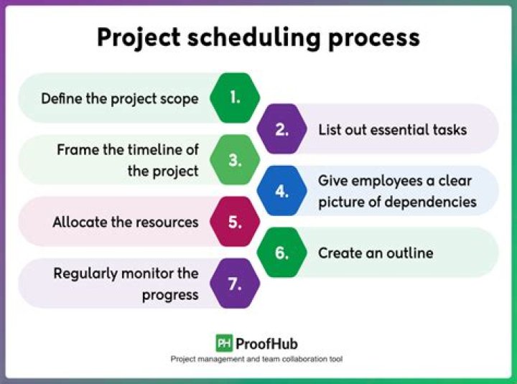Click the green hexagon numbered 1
(x=235, y=98)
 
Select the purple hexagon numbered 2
(x=281, y=129)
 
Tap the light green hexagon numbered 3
(x=235, y=160)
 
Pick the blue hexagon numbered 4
(x=281, y=192)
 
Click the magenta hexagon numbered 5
(x=235, y=222)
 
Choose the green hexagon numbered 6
(x=281, y=253)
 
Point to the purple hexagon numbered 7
(x=235, y=284)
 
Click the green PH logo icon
(x=223, y=343)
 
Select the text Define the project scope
(x=119, y=98)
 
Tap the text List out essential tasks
(x=392, y=130)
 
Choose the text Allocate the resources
(x=125, y=223)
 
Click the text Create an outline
(x=376, y=253)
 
